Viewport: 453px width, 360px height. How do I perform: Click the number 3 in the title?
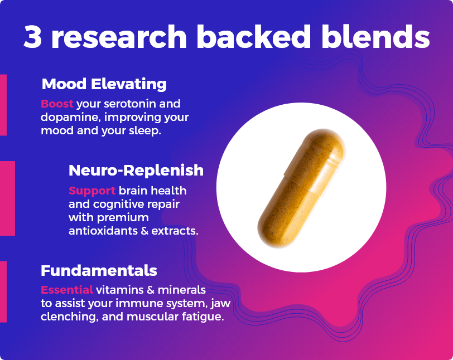tap(33, 37)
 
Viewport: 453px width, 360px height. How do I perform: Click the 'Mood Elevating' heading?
tap(104, 84)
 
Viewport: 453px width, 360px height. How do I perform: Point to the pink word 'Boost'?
tap(57, 104)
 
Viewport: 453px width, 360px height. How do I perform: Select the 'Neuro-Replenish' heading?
tap(136, 171)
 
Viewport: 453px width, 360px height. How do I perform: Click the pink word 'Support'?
tap(92, 191)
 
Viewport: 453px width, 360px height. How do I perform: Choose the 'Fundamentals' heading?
tap(99, 271)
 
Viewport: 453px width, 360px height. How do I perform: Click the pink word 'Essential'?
tap(67, 290)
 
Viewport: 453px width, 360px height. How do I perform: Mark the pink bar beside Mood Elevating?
tap(3, 105)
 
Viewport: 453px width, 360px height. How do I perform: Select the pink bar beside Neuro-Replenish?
tap(7, 198)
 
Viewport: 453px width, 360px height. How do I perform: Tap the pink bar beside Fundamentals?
tap(3, 291)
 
